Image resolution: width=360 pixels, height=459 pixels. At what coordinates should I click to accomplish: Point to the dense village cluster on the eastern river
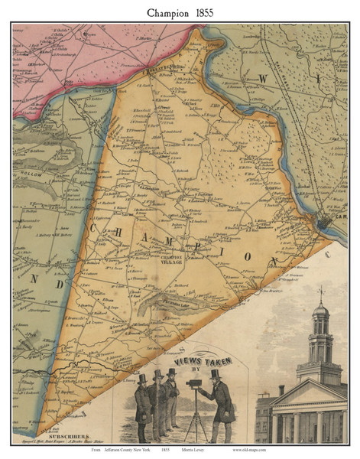pyautogui.click(x=326, y=223)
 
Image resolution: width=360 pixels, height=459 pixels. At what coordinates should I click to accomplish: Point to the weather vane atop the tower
pyautogui.click(x=321, y=291)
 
